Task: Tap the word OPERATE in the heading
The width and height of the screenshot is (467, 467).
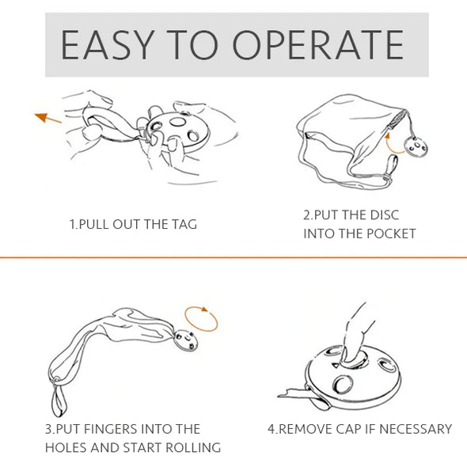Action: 317,45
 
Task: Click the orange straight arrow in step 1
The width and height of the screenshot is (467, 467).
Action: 48,118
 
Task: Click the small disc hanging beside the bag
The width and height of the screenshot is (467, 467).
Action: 416,147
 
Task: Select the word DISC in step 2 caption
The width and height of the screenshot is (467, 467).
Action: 384,215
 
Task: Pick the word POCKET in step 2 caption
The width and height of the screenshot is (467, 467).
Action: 391,233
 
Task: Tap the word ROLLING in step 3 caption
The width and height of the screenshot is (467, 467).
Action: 193,448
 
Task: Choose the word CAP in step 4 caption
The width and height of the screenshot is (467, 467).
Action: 348,429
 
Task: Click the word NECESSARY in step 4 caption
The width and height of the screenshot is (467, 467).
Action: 416,429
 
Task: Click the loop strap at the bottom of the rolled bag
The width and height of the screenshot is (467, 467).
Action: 58,398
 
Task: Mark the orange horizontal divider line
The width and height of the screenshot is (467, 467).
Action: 233,257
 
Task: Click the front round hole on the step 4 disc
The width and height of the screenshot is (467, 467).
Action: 343,384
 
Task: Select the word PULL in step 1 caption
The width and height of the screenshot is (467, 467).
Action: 93,224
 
